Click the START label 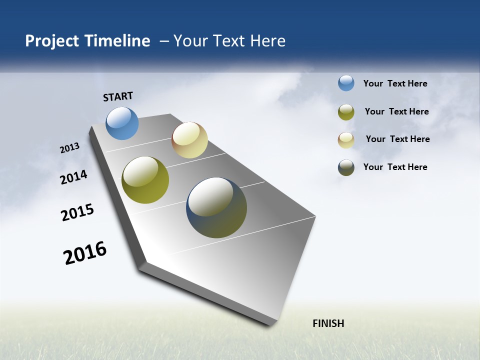[x=118, y=96]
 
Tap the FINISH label [x=328, y=323]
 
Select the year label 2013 [x=69, y=148]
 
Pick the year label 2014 [x=73, y=177]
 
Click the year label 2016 [x=85, y=253]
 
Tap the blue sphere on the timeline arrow [x=122, y=123]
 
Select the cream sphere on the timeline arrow [x=189, y=140]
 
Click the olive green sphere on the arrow [x=145, y=180]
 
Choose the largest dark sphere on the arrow [x=216, y=207]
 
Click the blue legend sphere [x=346, y=83]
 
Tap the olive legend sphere [x=346, y=112]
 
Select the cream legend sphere [x=346, y=140]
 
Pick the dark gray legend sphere [x=346, y=167]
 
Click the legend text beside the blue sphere [x=395, y=83]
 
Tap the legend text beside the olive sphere [x=396, y=111]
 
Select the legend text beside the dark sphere [x=395, y=167]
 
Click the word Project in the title [x=51, y=41]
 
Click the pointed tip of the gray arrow [x=270, y=324]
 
